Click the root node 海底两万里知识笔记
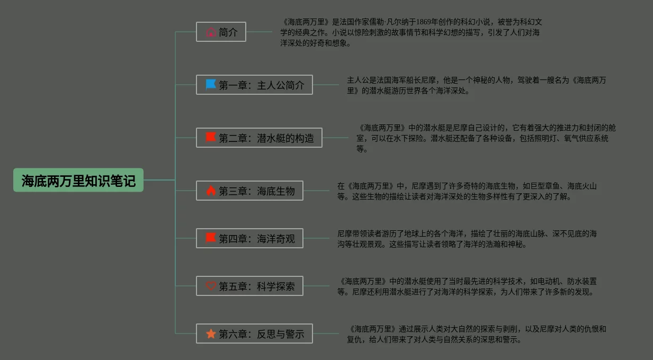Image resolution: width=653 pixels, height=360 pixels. tap(78, 181)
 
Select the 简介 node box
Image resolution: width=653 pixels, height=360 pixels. tap(221, 32)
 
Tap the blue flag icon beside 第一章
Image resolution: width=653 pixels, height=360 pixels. tap(211, 85)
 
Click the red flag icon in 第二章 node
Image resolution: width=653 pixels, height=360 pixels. tap(211, 138)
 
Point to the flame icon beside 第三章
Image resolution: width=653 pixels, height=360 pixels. tap(211, 191)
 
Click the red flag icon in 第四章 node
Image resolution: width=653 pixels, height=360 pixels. tap(211, 238)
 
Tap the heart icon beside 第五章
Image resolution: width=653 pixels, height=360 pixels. tap(211, 286)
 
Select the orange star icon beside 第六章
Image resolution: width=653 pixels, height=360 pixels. tap(211, 334)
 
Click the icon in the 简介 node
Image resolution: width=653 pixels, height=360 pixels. tap(211, 32)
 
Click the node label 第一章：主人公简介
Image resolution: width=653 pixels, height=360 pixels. tap(262, 85)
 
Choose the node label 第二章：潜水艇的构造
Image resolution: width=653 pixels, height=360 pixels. tap(266, 138)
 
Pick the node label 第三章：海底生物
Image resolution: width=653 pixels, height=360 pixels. tap(257, 191)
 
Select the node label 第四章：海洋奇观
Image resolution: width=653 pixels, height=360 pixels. tap(257, 239)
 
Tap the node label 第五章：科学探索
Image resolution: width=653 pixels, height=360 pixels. tap(257, 286)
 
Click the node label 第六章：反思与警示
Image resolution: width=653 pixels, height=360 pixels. tap(262, 334)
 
